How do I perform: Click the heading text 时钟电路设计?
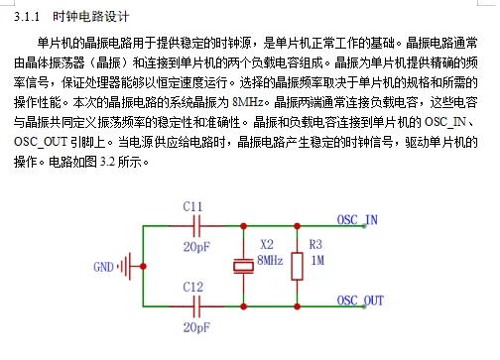point(91,18)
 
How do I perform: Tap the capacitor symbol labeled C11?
point(193,226)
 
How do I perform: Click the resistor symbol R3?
point(295,266)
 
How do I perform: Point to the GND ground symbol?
point(126,266)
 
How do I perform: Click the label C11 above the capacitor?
point(193,206)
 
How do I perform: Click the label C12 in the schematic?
point(193,287)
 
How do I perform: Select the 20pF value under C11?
point(195,246)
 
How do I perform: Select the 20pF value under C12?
point(195,325)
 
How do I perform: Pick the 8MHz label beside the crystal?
point(270,259)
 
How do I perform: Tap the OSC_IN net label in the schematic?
point(357,219)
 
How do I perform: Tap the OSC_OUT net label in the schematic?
point(360,300)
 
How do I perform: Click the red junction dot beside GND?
point(145,266)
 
